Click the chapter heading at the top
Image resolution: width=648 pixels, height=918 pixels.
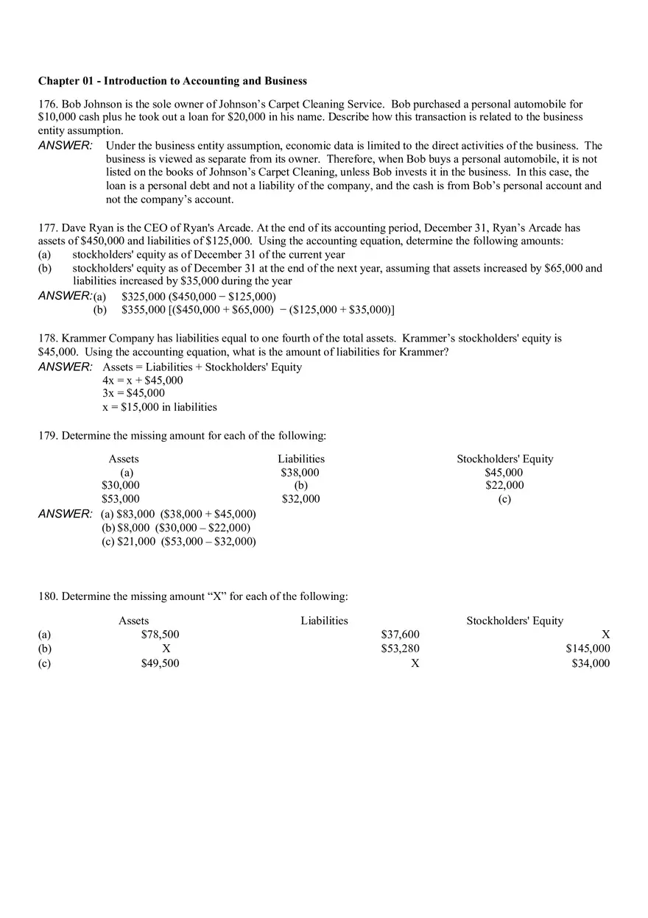coord(172,81)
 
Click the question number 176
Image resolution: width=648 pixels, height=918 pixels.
coord(48,105)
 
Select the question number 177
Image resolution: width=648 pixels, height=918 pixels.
coord(48,228)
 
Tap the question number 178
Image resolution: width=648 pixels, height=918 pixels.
coord(48,339)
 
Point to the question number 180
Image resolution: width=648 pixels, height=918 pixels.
coord(48,596)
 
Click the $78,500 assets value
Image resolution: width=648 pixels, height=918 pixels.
coord(160,635)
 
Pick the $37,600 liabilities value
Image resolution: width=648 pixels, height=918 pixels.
coord(400,635)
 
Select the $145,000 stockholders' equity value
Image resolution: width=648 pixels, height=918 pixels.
coord(588,649)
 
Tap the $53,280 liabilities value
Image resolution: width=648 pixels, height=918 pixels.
coord(400,649)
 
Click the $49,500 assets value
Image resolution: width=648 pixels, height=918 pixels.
coord(160,663)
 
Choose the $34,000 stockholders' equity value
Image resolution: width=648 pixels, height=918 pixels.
coord(591,663)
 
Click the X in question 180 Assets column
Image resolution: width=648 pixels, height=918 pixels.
coord(166,649)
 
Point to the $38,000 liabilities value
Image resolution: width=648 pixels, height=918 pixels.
coord(300,473)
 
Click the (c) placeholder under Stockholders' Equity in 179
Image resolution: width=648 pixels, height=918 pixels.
coord(504,499)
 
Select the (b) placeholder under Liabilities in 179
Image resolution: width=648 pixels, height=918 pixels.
coord(300,486)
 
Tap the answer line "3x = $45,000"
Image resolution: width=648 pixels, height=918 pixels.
coord(133,393)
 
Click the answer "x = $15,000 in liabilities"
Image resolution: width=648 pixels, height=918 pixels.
coord(160,407)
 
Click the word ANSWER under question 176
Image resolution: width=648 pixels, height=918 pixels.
coord(65,146)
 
